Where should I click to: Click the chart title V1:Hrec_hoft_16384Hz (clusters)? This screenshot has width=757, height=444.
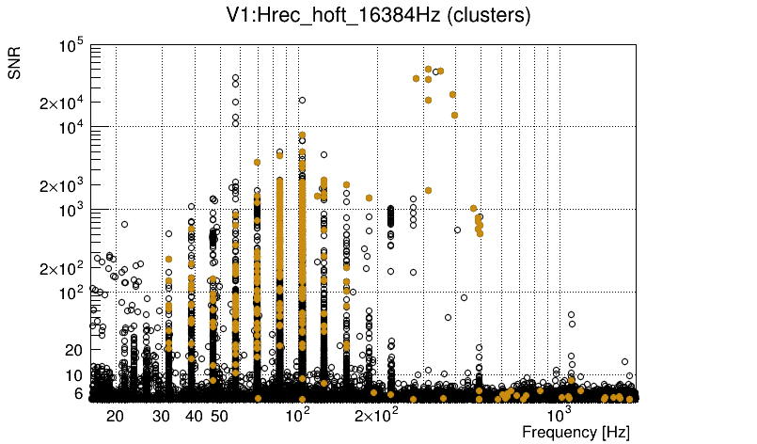tap(379, 16)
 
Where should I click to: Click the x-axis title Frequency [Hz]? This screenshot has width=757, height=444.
tap(576, 432)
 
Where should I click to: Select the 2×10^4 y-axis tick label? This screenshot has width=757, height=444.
tap(62, 103)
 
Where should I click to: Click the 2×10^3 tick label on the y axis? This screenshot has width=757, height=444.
tap(62, 184)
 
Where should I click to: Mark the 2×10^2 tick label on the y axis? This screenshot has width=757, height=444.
tap(62, 268)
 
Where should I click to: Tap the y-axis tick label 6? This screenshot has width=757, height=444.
tap(80, 393)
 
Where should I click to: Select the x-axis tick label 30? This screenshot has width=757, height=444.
tap(161, 416)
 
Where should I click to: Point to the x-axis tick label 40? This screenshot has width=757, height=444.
tap(194, 416)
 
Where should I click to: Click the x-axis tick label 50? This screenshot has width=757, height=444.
tap(218, 416)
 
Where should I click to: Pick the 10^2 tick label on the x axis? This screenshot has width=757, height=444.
tap(297, 414)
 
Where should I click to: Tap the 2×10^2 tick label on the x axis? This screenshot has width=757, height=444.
tap(375, 414)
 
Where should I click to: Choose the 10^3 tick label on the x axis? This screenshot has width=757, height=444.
tap(560, 414)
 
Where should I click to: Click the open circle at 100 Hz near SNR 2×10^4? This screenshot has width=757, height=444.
tap(302, 100)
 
